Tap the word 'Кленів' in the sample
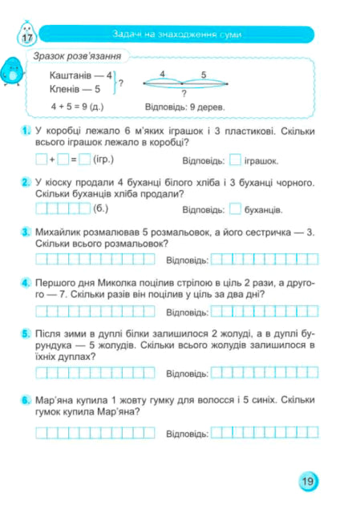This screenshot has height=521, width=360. point(67,90)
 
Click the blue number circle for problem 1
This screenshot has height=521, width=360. point(26,131)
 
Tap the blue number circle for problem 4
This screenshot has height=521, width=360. point(26,283)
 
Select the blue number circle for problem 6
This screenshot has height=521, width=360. point(26,398)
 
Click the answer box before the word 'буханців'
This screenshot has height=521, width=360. point(236,210)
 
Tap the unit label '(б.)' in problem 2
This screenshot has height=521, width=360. point(101,209)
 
